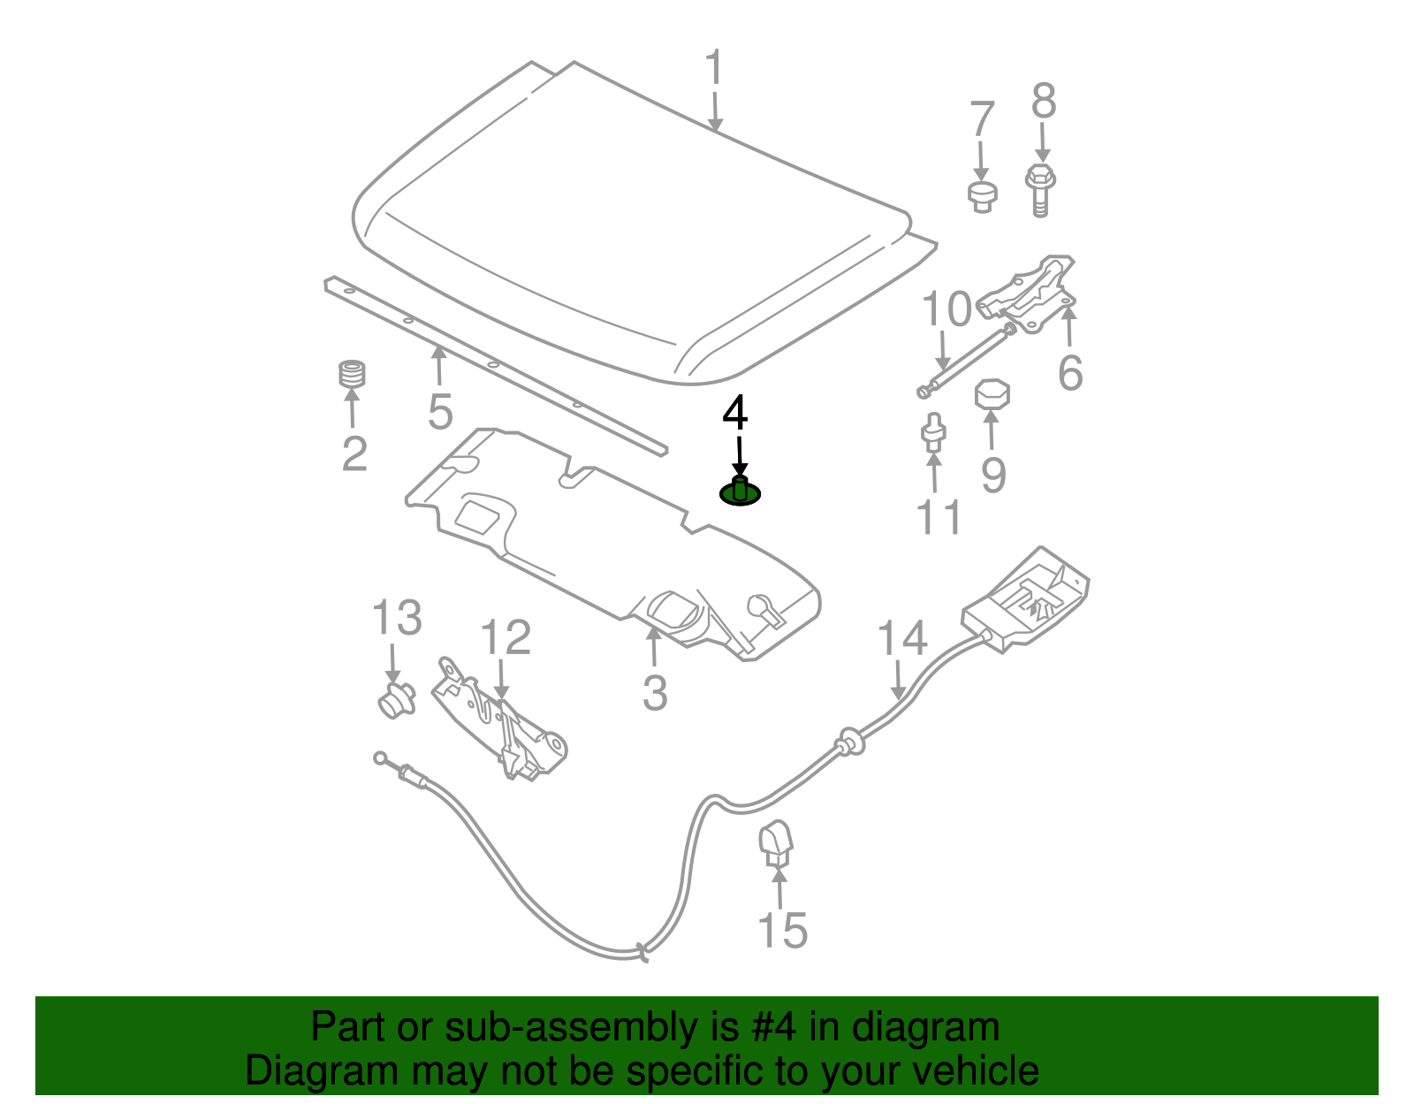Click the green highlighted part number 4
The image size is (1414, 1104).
(741, 491)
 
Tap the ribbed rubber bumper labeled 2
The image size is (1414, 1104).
(353, 374)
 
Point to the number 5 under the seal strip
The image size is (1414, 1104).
(440, 412)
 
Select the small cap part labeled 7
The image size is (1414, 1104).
(981, 196)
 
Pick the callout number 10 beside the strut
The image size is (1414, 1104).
(946, 310)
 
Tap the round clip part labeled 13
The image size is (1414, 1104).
(395, 699)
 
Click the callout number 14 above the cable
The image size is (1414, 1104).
(901, 638)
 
